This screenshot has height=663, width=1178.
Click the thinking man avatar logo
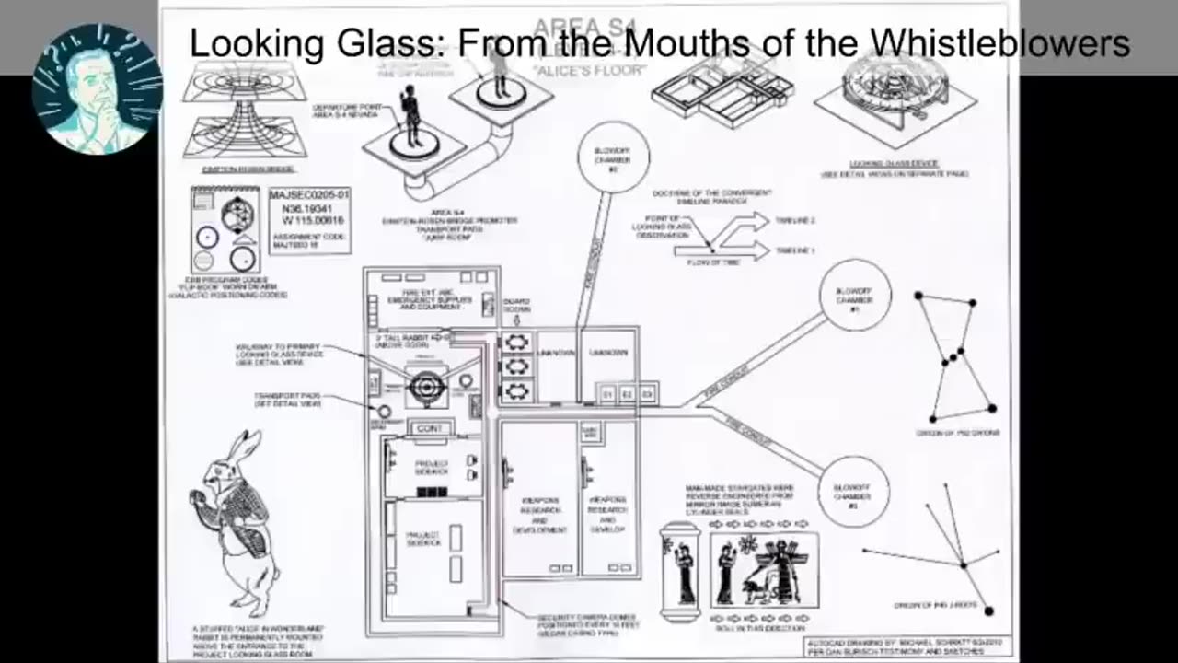click(x=97, y=88)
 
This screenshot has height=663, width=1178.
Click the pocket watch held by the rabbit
click(x=195, y=498)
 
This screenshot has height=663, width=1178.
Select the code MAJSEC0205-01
click(x=309, y=195)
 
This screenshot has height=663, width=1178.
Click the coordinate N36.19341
click(x=306, y=209)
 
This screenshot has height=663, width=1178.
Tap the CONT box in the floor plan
click(x=430, y=428)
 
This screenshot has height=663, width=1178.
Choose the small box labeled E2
click(x=627, y=394)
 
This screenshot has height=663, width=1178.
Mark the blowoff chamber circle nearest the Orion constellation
click(x=854, y=295)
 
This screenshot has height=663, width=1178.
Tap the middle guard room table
click(x=517, y=366)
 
